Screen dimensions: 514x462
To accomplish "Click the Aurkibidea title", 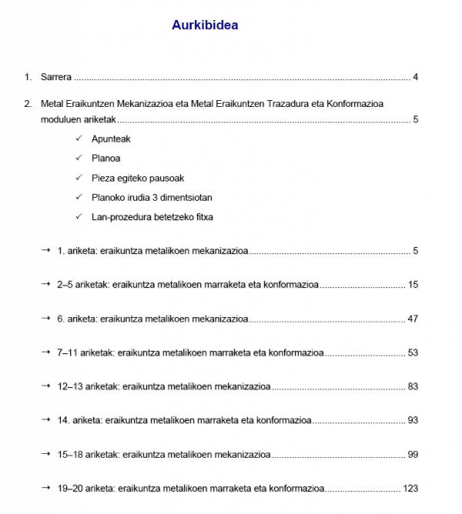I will [x=205, y=25].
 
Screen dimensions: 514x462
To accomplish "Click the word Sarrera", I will [x=56, y=77].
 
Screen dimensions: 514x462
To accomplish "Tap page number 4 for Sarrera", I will [x=415, y=77].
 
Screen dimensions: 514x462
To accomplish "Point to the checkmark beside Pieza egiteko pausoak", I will [x=79, y=179].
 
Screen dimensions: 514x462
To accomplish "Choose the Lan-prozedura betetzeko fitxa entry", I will [x=152, y=216].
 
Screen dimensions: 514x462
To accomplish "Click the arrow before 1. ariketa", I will [x=47, y=251].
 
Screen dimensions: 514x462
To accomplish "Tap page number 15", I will [x=413, y=285].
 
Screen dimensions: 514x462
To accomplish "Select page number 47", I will [x=413, y=319].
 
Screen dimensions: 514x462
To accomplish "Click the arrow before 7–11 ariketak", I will [x=47, y=352].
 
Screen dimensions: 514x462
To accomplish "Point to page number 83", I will [x=413, y=386].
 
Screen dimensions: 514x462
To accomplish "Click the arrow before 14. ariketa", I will [x=47, y=420].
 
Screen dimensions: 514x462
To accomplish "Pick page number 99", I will [x=413, y=454].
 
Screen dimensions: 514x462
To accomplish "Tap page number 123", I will [x=410, y=488].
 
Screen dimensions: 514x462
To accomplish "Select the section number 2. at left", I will [x=28, y=104].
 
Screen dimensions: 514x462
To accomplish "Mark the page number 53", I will [x=413, y=352].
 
